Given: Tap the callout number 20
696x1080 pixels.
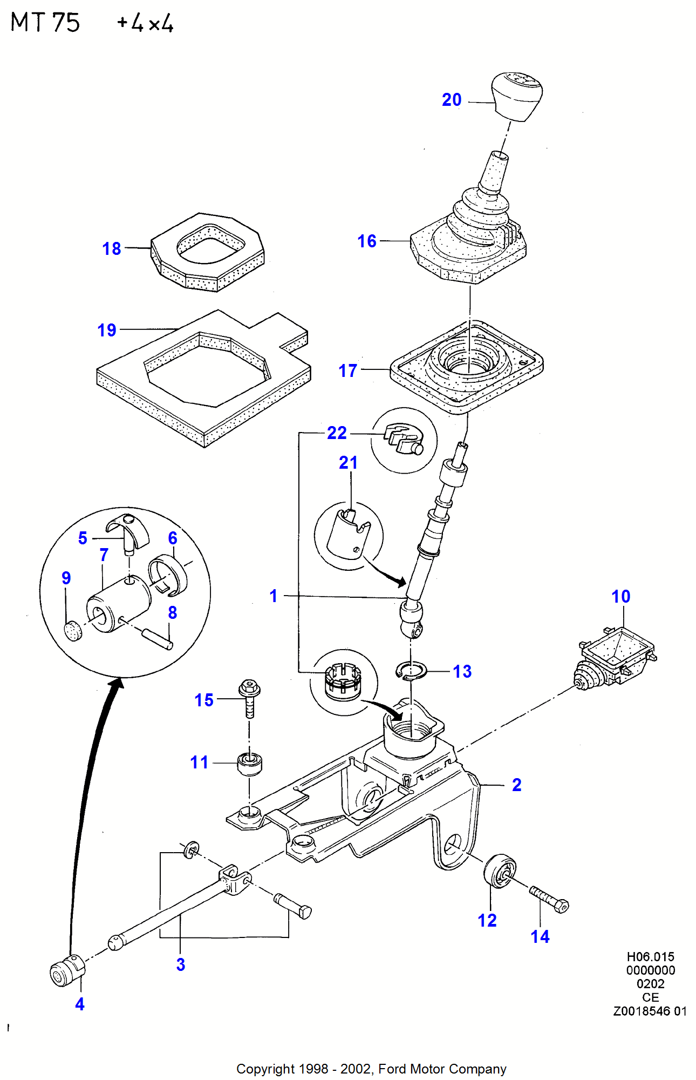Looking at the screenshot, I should click(x=452, y=100).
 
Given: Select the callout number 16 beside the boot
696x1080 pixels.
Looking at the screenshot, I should click(x=367, y=241).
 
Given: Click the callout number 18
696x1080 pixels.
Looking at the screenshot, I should click(x=112, y=249).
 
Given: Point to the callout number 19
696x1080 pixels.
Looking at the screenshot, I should click(x=107, y=330).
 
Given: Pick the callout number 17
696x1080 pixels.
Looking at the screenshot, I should click(x=348, y=371).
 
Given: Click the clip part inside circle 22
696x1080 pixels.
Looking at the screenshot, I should click(x=404, y=438).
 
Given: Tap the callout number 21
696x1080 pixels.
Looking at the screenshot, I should click(x=348, y=463).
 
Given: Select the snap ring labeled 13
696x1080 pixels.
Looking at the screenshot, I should click(x=411, y=671).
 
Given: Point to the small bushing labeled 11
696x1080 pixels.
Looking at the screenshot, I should click(x=250, y=764).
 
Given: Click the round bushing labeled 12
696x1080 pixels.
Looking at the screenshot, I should click(x=500, y=870).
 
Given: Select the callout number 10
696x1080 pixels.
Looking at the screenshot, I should click(x=620, y=597).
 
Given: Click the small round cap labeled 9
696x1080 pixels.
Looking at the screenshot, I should click(x=73, y=631).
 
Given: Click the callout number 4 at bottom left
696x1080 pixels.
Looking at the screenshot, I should click(x=80, y=1004).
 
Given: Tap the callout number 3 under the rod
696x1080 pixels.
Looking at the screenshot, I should click(x=181, y=965).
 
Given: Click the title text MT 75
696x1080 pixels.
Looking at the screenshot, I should click(x=45, y=23).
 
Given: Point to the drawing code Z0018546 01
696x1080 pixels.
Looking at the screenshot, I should click(x=650, y=1011).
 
